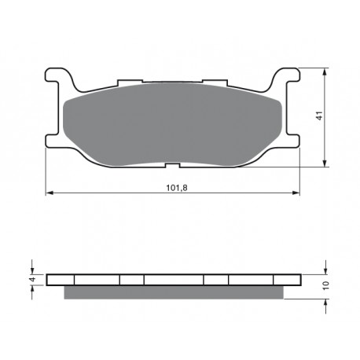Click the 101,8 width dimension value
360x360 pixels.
[x=177, y=188]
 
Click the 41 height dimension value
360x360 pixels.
[x=319, y=116]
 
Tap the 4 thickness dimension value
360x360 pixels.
[x=32, y=279]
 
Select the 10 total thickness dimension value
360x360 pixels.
[x=325, y=285]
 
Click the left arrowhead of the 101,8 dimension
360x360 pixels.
[x=50, y=193]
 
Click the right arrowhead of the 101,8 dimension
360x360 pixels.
[x=296, y=193]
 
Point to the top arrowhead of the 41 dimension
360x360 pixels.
[x=325, y=72]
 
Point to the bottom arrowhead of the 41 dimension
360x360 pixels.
[x=325, y=163]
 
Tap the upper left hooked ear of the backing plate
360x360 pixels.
[x=59, y=76]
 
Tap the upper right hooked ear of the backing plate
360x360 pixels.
[x=285, y=76]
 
